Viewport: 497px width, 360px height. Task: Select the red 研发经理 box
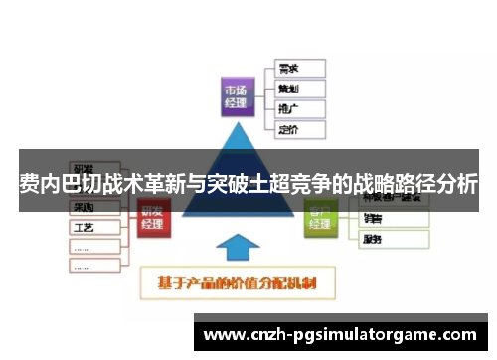pyautogui.click(x=152, y=217)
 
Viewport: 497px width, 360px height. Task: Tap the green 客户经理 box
pyautogui.click(x=320, y=217)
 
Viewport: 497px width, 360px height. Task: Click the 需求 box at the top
pyautogui.click(x=299, y=69)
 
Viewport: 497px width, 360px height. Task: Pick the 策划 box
pyautogui.click(x=299, y=89)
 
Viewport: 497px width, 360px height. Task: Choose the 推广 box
pyautogui.click(x=299, y=108)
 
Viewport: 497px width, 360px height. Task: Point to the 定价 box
pyautogui.click(x=299, y=128)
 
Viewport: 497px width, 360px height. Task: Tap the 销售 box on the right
pyautogui.click(x=393, y=219)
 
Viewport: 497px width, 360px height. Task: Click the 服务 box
pyautogui.click(x=393, y=240)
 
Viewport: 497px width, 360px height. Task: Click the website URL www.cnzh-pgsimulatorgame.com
pyautogui.click(x=339, y=334)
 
